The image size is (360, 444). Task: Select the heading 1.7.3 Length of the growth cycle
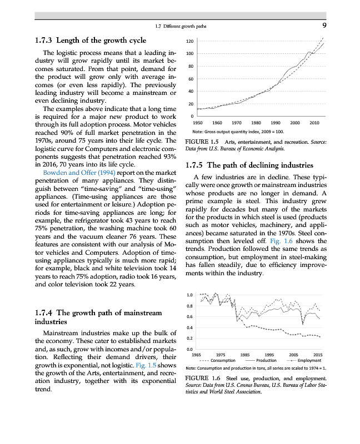(90, 40)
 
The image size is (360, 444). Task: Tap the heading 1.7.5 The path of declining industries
(251, 165)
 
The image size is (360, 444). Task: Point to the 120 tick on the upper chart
(189, 42)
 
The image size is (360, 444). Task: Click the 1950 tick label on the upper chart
(197, 122)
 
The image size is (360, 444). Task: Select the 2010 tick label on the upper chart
(314, 122)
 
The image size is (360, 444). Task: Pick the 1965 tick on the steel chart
(196, 354)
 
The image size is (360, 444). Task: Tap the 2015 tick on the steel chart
(318, 354)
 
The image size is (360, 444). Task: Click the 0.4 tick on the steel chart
(189, 327)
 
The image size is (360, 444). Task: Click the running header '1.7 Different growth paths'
(186, 26)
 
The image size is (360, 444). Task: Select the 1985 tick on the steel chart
(245, 354)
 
